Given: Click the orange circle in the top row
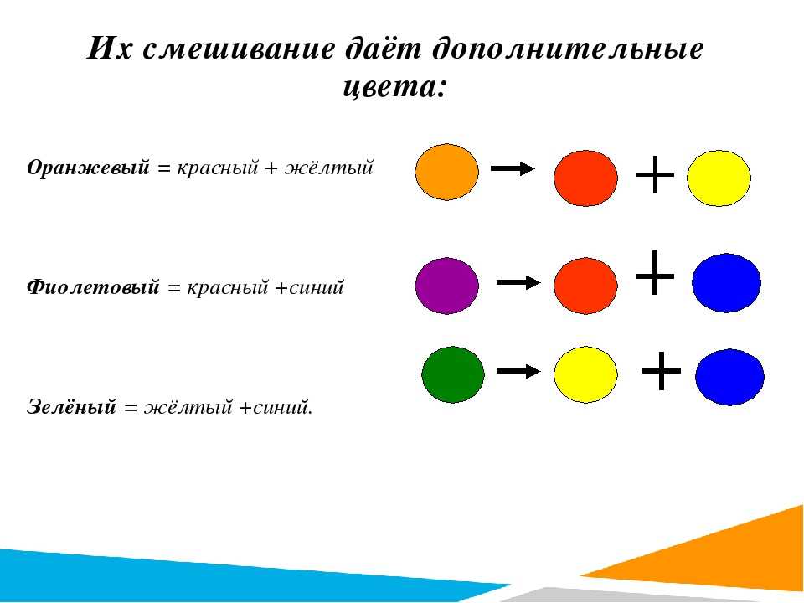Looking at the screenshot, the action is [x=446, y=172].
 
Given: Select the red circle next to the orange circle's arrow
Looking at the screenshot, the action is [x=585, y=178].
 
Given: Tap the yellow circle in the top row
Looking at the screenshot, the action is [x=719, y=178].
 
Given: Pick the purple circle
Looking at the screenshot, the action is [x=446, y=286].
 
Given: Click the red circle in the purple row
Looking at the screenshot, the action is [x=585, y=286].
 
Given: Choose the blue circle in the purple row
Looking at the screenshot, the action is [x=727, y=282].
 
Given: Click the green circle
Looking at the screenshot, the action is [x=453, y=374].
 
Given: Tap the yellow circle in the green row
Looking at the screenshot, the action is [x=585, y=374].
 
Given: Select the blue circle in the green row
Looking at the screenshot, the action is [x=729, y=377].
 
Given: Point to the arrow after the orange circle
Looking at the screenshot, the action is [x=513, y=168].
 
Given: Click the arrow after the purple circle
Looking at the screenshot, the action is [x=518, y=282].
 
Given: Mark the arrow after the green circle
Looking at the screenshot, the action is [x=518, y=371].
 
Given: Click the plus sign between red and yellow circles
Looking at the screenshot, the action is [x=655, y=175].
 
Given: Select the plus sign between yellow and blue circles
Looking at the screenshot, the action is [x=662, y=371].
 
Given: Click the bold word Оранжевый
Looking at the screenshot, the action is [x=88, y=167].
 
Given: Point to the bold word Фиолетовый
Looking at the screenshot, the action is [x=93, y=286].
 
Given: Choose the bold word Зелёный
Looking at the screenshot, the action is [x=71, y=407].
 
